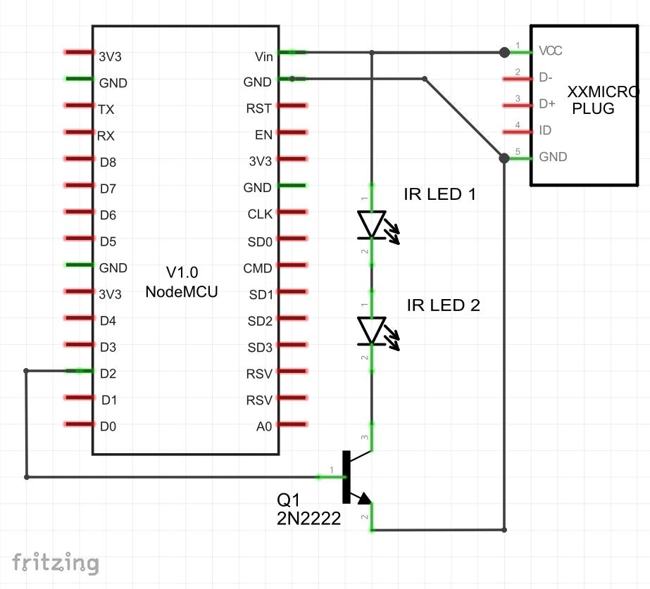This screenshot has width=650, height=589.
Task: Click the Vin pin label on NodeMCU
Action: tap(264, 56)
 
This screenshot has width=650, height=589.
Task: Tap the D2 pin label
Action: tap(108, 374)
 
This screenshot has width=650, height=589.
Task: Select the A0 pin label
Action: tap(264, 426)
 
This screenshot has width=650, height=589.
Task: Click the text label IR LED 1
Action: tap(440, 194)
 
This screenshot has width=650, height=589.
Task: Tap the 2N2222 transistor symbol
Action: tap(357, 476)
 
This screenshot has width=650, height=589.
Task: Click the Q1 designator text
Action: tap(288, 500)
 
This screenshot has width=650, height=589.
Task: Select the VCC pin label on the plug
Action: tap(551, 51)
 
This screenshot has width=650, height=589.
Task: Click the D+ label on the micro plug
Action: tap(547, 103)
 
